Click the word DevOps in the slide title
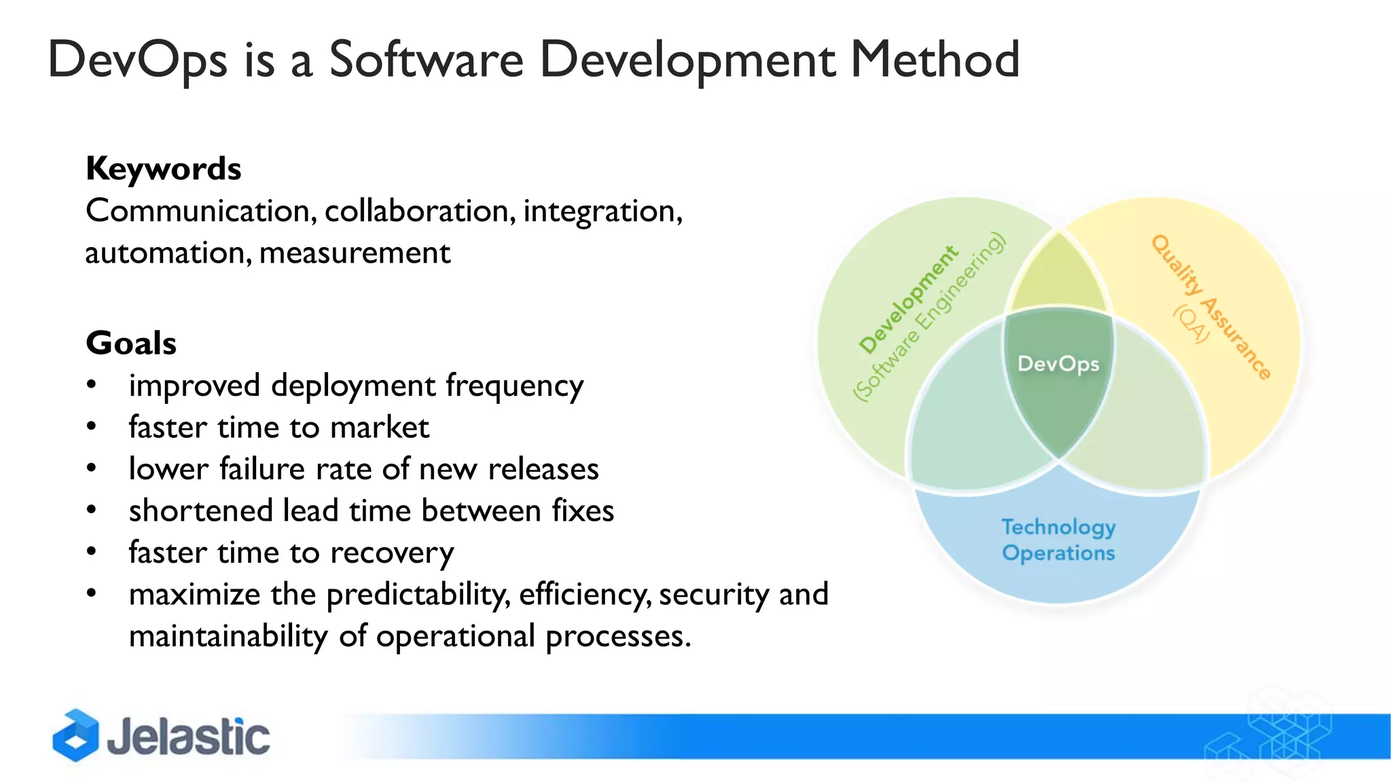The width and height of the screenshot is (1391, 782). point(137,60)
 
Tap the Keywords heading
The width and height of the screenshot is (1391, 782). point(163,168)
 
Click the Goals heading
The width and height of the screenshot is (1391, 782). point(131,343)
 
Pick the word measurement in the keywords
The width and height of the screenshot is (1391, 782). point(355,253)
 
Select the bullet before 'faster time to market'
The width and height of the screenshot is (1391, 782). point(92,427)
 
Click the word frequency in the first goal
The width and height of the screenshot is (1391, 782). point(514,386)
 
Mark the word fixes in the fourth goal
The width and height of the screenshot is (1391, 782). point(582,510)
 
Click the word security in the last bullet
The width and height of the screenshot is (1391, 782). point(713,595)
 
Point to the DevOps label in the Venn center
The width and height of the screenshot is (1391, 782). point(1058,364)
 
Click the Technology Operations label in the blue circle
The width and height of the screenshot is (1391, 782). point(1058,540)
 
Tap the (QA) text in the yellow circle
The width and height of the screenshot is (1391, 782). point(1191,323)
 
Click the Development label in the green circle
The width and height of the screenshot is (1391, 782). point(908,299)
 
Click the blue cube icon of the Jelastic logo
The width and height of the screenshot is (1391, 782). point(75,735)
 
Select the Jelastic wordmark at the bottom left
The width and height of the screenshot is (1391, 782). point(188,737)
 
